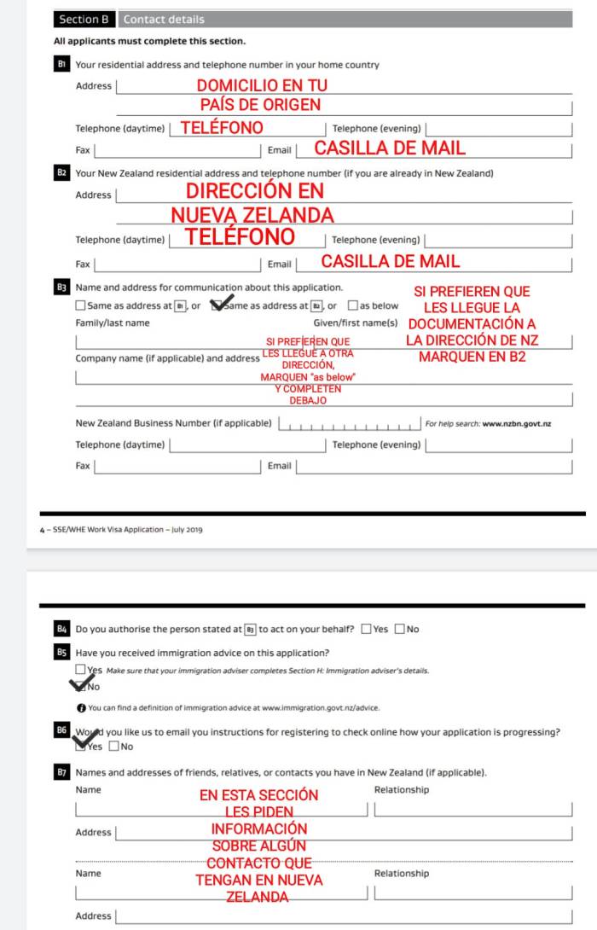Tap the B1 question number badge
pos(61,65)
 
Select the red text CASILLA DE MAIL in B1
pos(390,148)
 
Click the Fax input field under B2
pos(177,264)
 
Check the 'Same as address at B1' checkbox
pos(80,305)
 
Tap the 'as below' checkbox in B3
pos(352,305)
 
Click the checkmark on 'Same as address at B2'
pos(221,302)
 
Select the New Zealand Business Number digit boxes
pos(350,423)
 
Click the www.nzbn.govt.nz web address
pos(516,423)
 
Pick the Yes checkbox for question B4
pos(366,630)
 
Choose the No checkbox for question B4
pos(400,630)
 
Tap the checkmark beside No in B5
pos(81,684)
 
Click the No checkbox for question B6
pos(114,747)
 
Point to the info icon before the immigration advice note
pos(80,707)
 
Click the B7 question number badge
pos(61,773)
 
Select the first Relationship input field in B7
pos(472,807)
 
